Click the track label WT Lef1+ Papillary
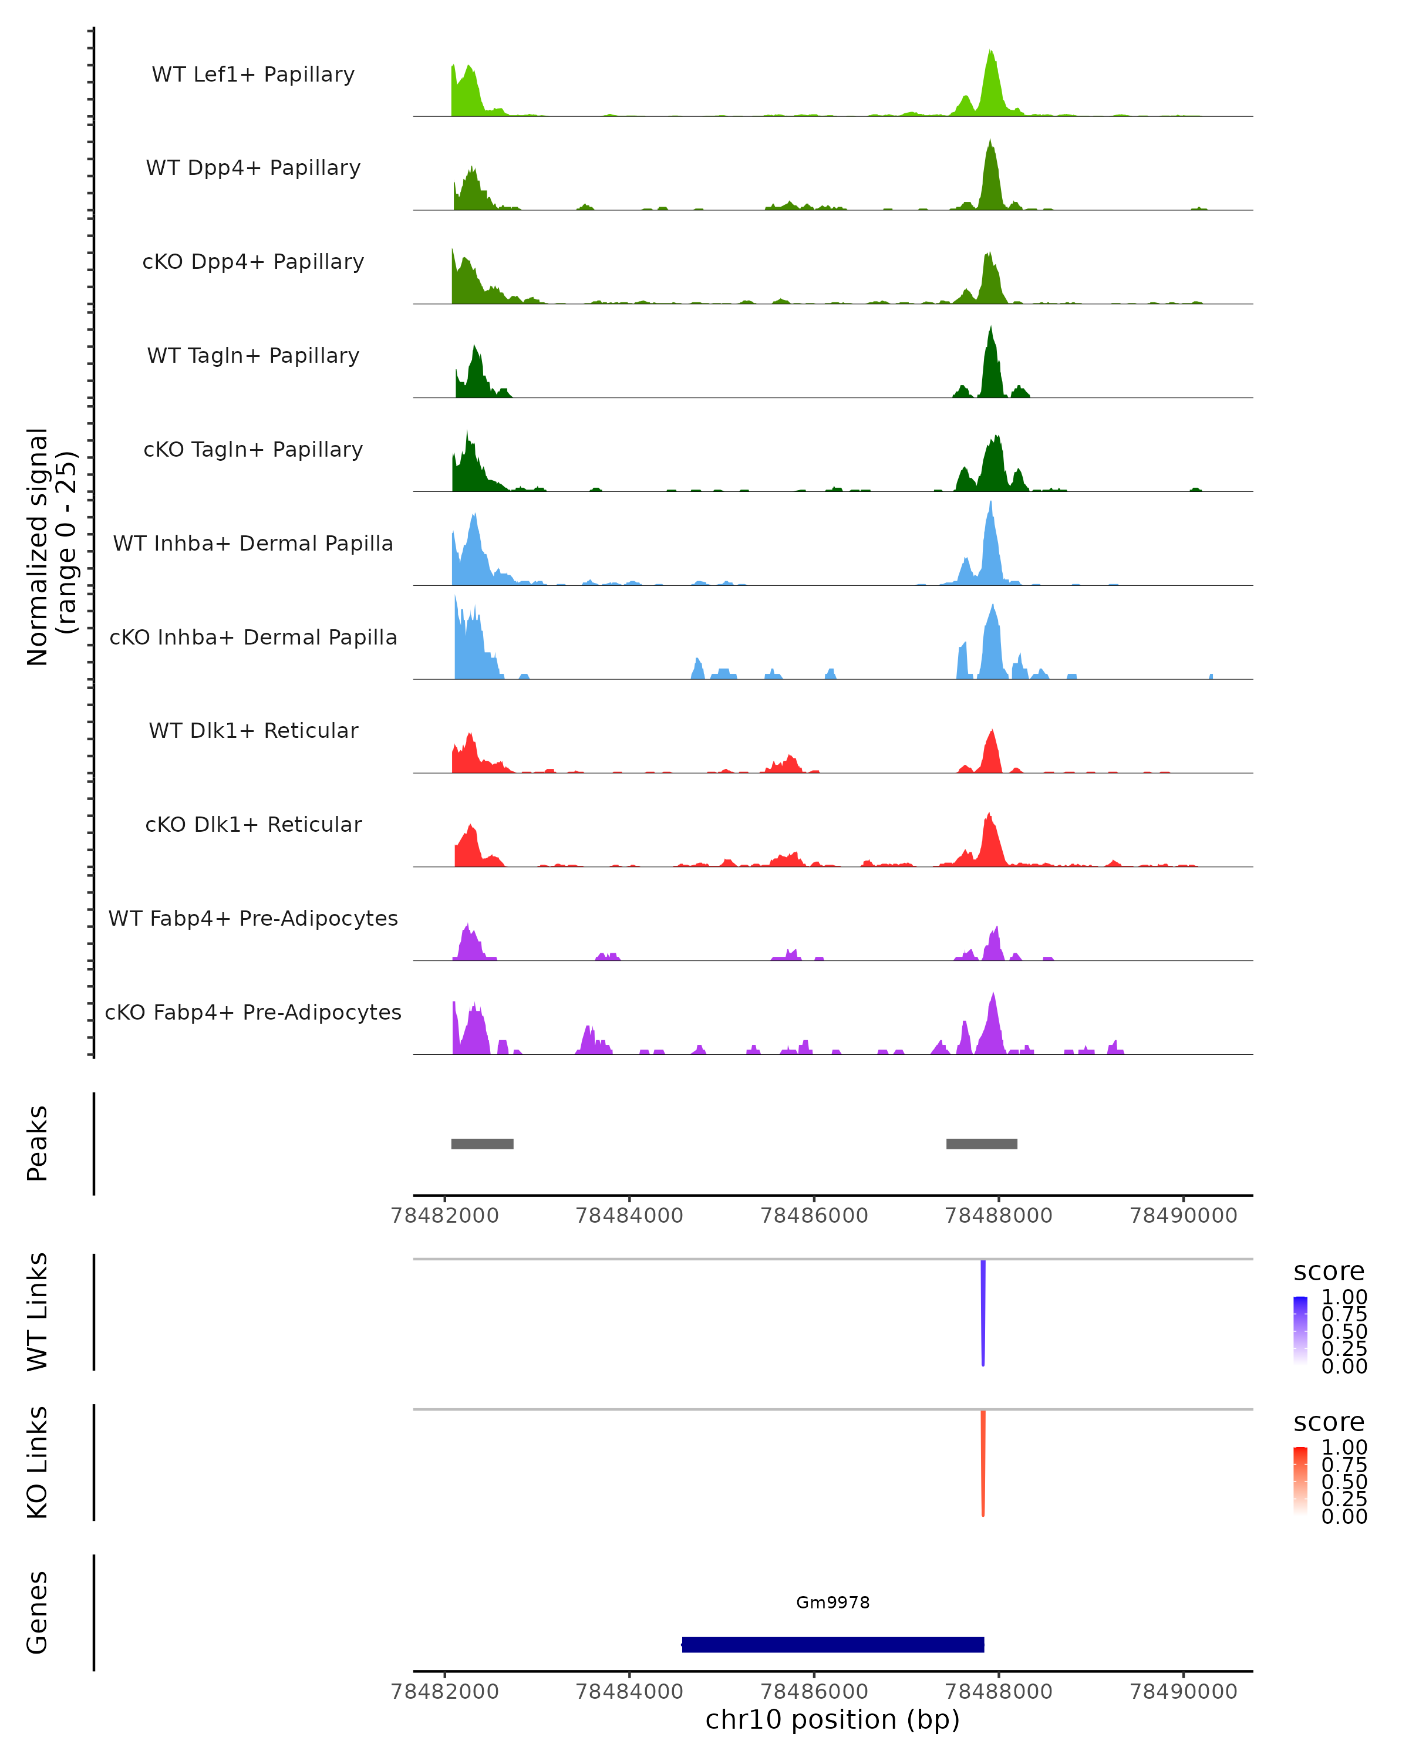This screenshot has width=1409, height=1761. tap(253, 75)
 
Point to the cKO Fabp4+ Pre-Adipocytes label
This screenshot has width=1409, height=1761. tap(253, 1012)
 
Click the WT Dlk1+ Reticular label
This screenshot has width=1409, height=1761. tap(253, 730)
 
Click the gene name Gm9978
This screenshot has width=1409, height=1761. tap(832, 1603)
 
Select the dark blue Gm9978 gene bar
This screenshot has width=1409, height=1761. tap(832, 1644)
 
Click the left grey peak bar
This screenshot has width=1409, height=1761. tap(482, 1143)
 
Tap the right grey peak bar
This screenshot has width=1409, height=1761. tap(981, 1143)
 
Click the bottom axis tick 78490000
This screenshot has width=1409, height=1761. tap(1183, 1691)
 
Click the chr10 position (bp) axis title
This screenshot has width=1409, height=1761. tap(832, 1719)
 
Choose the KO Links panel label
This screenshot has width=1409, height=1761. tap(38, 1462)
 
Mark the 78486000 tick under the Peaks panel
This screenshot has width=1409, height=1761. tap(814, 1216)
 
